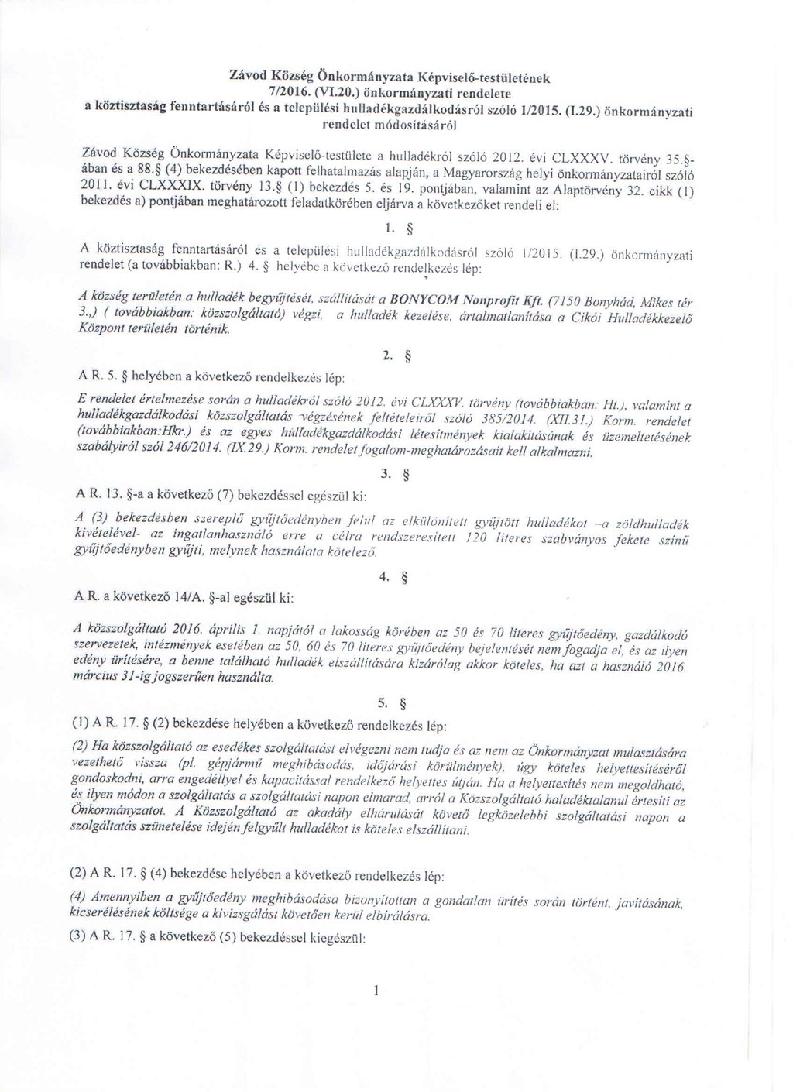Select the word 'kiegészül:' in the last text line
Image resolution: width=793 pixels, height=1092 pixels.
(x=335, y=935)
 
